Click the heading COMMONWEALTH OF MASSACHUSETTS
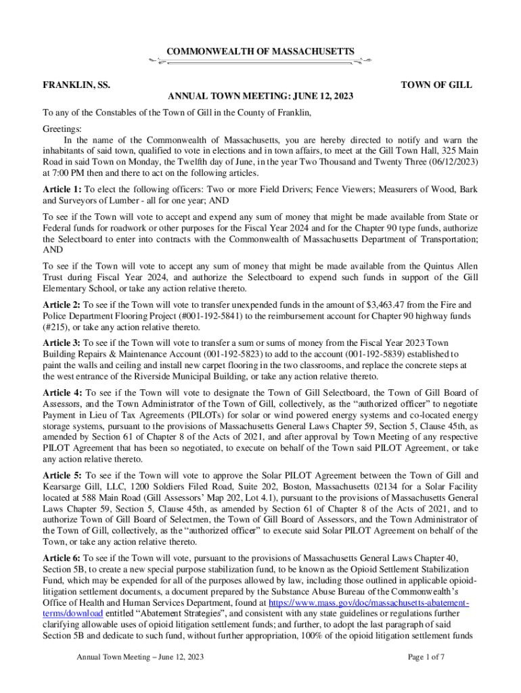(x=260, y=51)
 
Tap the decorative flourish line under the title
(x=260, y=62)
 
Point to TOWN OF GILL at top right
(x=436, y=85)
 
